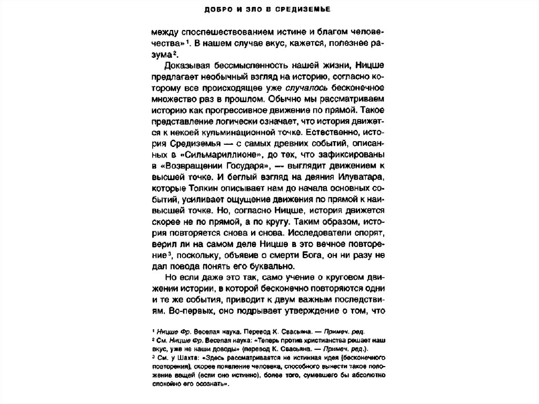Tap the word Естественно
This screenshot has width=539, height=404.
point(321,132)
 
